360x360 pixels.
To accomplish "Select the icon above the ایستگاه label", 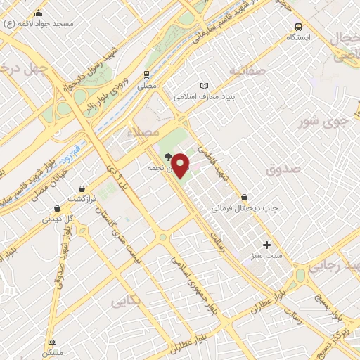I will click(300, 27).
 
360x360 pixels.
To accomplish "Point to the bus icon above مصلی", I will click(146, 74).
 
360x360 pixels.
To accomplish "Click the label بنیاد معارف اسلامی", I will click(204, 96).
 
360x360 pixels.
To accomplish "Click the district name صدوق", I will click(283, 169).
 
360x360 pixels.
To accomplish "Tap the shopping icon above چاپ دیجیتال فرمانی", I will click(244, 197).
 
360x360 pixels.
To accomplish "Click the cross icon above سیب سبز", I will click(266, 244).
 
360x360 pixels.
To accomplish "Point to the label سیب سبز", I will click(266, 256).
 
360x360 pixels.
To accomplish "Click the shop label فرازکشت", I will click(82, 200).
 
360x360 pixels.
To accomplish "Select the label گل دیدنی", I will click(58, 219).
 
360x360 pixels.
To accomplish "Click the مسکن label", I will click(52, 352).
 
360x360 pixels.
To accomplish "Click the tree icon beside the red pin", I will click(168, 157).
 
